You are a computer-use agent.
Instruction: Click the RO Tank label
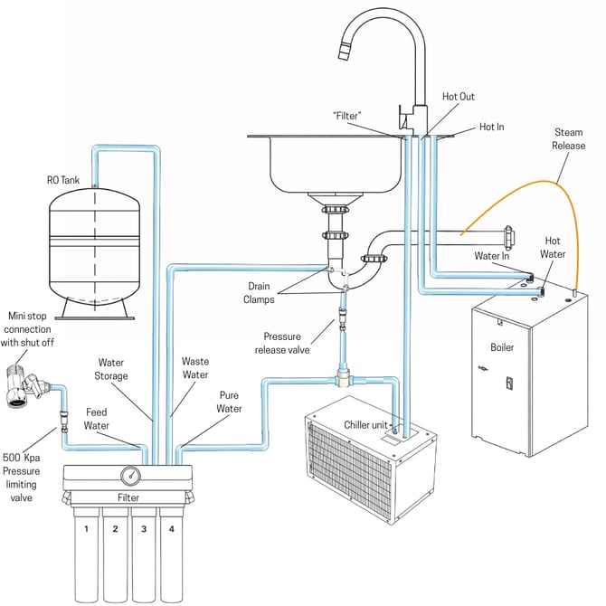pyautogui.click(x=63, y=180)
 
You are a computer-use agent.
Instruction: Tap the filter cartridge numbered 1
pyautogui.click(x=85, y=552)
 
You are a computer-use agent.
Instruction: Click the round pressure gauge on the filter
pyautogui.click(x=129, y=474)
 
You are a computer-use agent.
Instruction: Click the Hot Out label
pyautogui.click(x=458, y=97)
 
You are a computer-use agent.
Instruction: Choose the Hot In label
pyautogui.click(x=491, y=128)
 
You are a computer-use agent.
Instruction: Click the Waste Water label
pyautogui.click(x=194, y=367)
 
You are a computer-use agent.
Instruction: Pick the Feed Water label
pyautogui.click(x=96, y=418)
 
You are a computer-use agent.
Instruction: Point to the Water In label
pyautogui.click(x=492, y=256)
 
